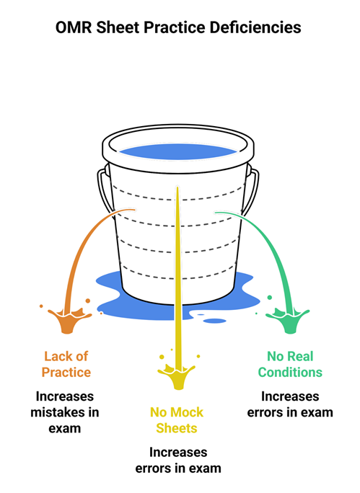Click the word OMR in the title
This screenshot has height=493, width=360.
tap(74, 27)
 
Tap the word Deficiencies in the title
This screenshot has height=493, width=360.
tap(255, 27)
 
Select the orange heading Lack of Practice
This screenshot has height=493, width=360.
tap(66, 365)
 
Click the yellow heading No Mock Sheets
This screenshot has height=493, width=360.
tap(177, 420)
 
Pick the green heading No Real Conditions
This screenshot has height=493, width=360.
tap(290, 365)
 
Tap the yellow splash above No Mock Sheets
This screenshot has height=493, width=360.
tap(177, 374)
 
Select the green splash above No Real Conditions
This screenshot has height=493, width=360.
tap(288, 319)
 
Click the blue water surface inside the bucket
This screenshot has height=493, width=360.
tap(178, 151)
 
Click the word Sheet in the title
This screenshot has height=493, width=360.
tap(118, 27)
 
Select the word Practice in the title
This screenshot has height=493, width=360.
tap(175, 27)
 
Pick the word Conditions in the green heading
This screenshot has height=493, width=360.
tap(290, 372)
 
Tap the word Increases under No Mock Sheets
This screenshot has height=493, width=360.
tap(178, 453)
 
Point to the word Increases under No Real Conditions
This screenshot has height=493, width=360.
tap(290, 396)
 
